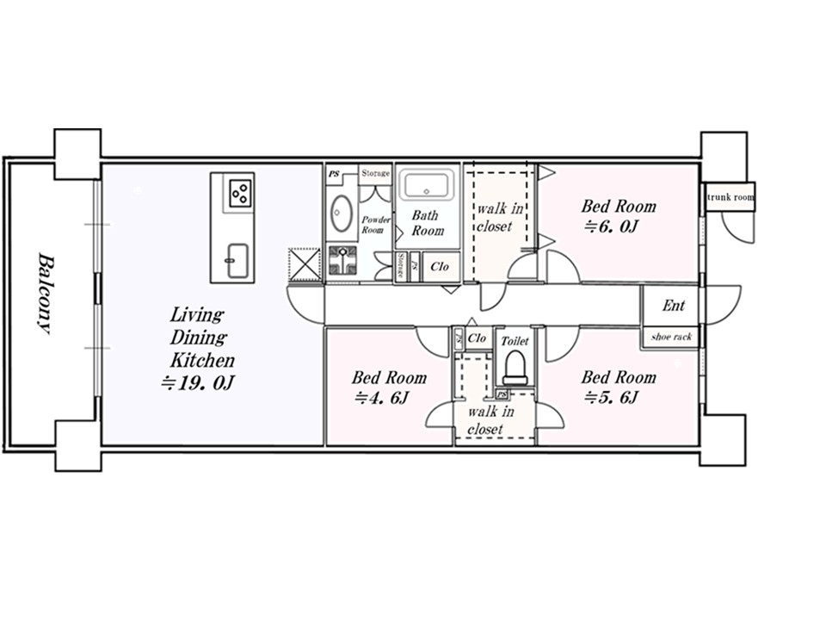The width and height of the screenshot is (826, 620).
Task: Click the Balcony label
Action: [46, 294]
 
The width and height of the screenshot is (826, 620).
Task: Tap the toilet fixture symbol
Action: [515, 368]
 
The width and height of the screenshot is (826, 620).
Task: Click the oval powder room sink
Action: [341, 213]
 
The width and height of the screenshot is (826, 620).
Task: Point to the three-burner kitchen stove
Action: [241, 192]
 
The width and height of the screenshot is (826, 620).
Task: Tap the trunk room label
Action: [730, 197]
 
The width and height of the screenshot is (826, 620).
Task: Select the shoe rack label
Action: [671, 337]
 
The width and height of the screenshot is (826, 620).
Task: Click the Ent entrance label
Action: [673, 305]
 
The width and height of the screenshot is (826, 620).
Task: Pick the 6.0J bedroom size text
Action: [612, 226]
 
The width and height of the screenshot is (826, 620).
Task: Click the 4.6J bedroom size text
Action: [382, 398]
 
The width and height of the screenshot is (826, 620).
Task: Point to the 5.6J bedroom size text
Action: [612, 397]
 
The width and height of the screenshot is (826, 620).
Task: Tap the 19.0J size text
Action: [197, 382]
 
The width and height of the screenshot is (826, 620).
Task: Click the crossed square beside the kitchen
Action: [305, 264]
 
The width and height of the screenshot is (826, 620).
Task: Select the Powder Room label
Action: [376, 225]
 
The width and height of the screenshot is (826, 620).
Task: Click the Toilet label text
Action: [515, 341]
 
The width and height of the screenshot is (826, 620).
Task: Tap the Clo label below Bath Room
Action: [440, 267]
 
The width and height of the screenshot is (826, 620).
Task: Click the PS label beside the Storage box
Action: [334, 173]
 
